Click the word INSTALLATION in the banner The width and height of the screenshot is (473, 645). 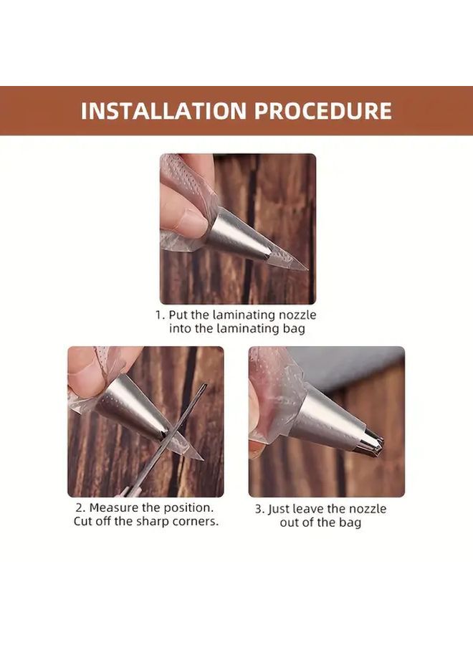click(x=163, y=110)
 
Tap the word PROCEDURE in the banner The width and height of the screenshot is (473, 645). click(x=323, y=110)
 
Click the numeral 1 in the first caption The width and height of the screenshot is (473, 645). click(x=159, y=315)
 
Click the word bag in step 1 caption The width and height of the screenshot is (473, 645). click(x=295, y=329)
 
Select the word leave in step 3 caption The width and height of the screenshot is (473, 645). click(x=310, y=509)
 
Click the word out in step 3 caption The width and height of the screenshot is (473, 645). click(x=289, y=522)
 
